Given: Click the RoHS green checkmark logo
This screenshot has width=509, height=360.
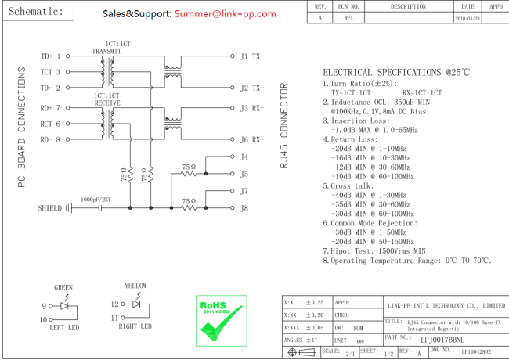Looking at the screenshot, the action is [x=222, y=321].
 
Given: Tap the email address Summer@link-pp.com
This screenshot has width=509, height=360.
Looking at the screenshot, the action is [x=225, y=13].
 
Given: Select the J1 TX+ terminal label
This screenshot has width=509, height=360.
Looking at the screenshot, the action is [x=252, y=56].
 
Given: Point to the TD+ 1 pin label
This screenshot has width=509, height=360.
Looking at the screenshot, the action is [x=50, y=56].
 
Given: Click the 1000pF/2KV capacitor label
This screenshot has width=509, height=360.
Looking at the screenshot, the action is [x=96, y=200].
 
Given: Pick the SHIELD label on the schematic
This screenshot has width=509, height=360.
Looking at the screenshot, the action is [x=49, y=208].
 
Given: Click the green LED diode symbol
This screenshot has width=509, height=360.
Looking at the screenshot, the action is [x=64, y=306].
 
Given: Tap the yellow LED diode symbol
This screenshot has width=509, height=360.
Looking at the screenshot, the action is [x=137, y=304].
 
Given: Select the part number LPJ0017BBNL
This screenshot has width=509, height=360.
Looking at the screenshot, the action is [x=442, y=340].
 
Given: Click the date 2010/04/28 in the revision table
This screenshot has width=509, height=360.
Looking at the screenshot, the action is [x=467, y=19].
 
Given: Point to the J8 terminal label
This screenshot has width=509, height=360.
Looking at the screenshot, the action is [x=244, y=208].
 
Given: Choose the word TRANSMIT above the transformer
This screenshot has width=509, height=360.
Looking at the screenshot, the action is [x=106, y=51].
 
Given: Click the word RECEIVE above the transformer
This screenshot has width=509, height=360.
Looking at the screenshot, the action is [x=107, y=103].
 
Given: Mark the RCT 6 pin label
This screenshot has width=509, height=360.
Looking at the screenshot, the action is [x=50, y=124].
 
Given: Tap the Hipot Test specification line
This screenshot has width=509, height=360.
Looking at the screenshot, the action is [x=374, y=251].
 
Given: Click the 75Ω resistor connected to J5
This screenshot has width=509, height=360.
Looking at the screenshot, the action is [x=189, y=174].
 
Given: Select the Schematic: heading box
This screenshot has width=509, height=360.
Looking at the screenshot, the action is [x=38, y=11].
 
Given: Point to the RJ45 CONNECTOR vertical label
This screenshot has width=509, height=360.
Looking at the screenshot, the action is [x=283, y=125].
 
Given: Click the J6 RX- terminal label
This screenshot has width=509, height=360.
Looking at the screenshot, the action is [x=252, y=140].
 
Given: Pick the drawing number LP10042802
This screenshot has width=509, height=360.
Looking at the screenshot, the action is [x=476, y=352].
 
